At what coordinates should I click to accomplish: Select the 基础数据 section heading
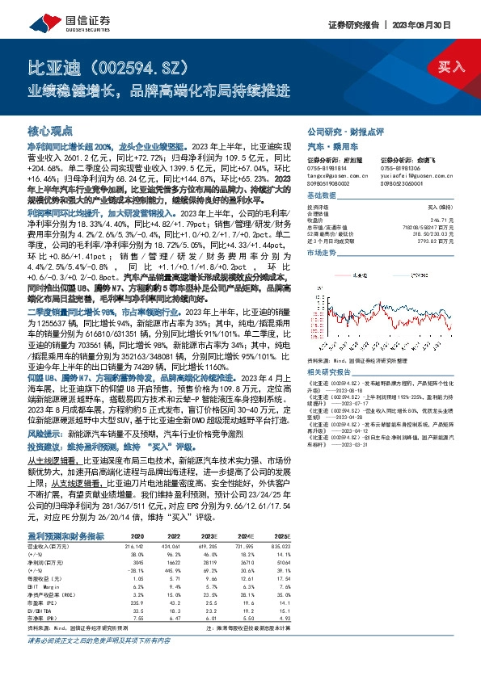click(323, 196)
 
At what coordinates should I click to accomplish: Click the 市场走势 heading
click(323, 254)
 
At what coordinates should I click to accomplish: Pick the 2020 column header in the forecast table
click(136, 535)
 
